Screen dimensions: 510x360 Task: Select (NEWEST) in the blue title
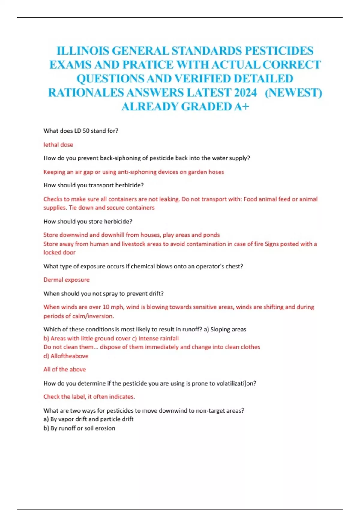(x=293, y=92)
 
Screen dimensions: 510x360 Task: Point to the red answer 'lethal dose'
(x=58, y=145)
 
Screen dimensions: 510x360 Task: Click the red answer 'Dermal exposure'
(x=67, y=280)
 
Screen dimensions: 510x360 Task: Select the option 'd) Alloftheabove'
(x=66, y=356)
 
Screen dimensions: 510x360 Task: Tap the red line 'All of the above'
(x=65, y=369)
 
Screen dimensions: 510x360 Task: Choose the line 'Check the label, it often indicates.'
(x=89, y=397)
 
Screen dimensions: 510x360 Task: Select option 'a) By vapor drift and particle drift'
(x=88, y=419)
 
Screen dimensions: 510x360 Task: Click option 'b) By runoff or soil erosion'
(x=79, y=428)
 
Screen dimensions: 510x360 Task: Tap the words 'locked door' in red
(x=59, y=253)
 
